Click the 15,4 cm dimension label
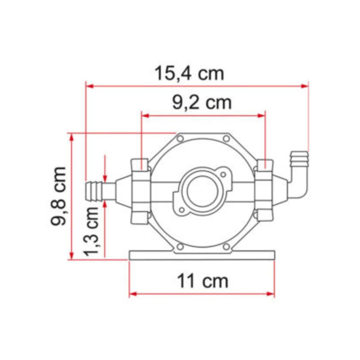(x=189, y=73)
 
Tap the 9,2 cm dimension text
(x=201, y=103)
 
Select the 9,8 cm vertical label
(x=58, y=196)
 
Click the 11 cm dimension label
(x=202, y=281)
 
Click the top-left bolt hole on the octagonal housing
(x=180, y=139)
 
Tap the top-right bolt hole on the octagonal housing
(x=226, y=139)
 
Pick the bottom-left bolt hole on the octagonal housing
(x=180, y=247)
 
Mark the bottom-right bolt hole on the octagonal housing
(x=226, y=247)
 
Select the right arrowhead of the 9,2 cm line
(x=262, y=116)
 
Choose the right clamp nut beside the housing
(x=264, y=190)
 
